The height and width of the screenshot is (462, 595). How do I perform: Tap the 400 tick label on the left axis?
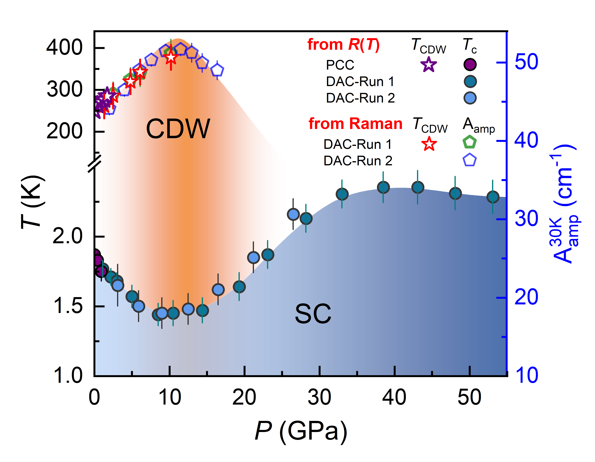point(64,48)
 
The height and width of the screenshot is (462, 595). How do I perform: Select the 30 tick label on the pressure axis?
point(319,397)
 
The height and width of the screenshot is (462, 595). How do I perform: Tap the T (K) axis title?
point(32,202)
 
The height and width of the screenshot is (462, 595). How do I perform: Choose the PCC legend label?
point(340,65)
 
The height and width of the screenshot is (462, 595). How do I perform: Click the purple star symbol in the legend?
point(429,65)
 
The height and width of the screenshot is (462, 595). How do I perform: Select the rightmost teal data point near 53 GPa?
point(492,197)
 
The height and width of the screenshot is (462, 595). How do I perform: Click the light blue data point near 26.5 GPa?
point(293,214)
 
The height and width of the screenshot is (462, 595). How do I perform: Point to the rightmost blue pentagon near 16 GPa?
point(217,70)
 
